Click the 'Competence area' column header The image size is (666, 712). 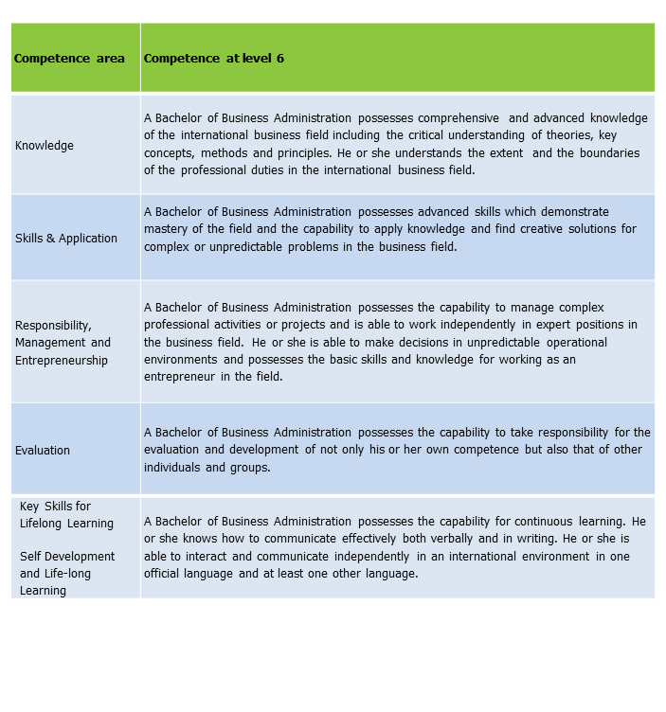(x=69, y=59)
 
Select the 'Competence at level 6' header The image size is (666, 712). (x=213, y=59)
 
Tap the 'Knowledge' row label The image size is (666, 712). (x=44, y=146)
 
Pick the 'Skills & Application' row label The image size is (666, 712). (x=66, y=239)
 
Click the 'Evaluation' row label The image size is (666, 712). (x=43, y=451)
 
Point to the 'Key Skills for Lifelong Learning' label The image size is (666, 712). (x=66, y=515)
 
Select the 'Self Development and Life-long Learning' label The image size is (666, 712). (x=67, y=574)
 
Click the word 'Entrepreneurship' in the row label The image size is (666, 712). (x=62, y=361)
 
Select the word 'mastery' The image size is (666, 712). (x=166, y=229)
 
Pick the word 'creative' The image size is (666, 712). (x=519, y=229)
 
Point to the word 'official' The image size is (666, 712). (x=166, y=574)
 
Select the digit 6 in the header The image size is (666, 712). (x=280, y=59)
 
